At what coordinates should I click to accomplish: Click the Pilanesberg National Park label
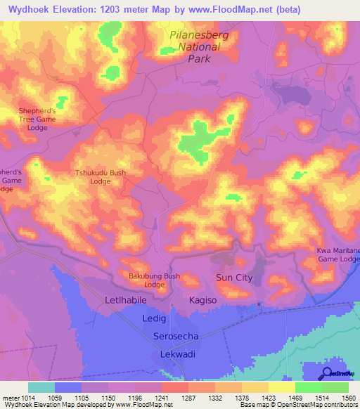[195, 46]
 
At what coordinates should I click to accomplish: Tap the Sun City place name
[234, 278]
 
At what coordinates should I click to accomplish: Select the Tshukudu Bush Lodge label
[101, 176]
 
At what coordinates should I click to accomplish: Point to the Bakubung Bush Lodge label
[154, 280]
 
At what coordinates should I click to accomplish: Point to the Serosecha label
[176, 337]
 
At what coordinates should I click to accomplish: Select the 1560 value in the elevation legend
[348, 398]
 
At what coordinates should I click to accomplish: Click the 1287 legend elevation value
[188, 398]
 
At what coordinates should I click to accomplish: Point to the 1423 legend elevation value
[269, 398]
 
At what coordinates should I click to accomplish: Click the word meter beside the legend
[10, 398]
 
